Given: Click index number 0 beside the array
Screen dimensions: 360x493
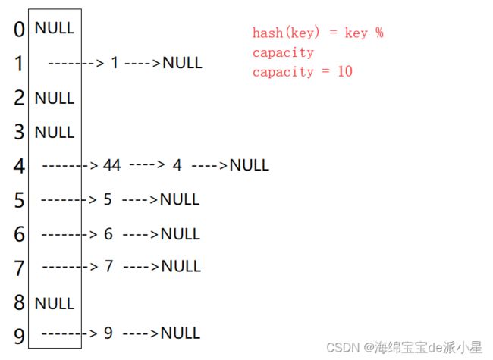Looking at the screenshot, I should pyautogui.click(x=19, y=31).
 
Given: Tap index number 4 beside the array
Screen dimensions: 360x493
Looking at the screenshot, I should pyautogui.click(x=19, y=166).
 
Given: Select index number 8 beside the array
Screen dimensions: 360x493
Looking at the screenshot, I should pyautogui.click(x=19, y=304).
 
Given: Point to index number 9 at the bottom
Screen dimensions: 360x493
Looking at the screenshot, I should pyautogui.click(x=19, y=334).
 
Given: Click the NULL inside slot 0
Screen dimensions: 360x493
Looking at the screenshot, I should pyautogui.click(x=55, y=28).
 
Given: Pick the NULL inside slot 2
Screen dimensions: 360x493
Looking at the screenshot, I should pyautogui.click(x=55, y=98).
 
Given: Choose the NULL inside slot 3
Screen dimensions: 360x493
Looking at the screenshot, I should pyautogui.click(x=55, y=132).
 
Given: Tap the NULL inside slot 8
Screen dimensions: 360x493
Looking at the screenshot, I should pyautogui.click(x=55, y=303).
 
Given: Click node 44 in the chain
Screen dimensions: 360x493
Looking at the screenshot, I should pyautogui.click(x=112, y=165).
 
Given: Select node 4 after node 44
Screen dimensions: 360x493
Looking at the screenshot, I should pyautogui.click(x=177, y=165).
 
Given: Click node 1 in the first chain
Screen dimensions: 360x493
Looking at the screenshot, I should pyautogui.click(x=115, y=62).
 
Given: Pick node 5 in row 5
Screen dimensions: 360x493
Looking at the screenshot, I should pyautogui.click(x=108, y=199).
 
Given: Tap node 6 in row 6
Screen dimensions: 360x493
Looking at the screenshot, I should pyautogui.click(x=108, y=234).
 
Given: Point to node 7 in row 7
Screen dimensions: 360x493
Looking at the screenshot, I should pyautogui.click(x=108, y=266).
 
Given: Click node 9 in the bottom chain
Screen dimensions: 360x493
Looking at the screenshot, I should pyautogui.click(x=108, y=333).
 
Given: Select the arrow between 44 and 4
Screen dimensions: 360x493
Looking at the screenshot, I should pyautogui.click(x=147, y=164).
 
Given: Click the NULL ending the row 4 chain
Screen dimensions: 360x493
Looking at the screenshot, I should pyautogui.click(x=249, y=165).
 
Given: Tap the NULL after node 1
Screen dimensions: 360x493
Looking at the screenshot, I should pyautogui.click(x=182, y=62).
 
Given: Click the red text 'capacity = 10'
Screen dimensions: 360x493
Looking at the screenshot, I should pyautogui.click(x=303, y=72).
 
